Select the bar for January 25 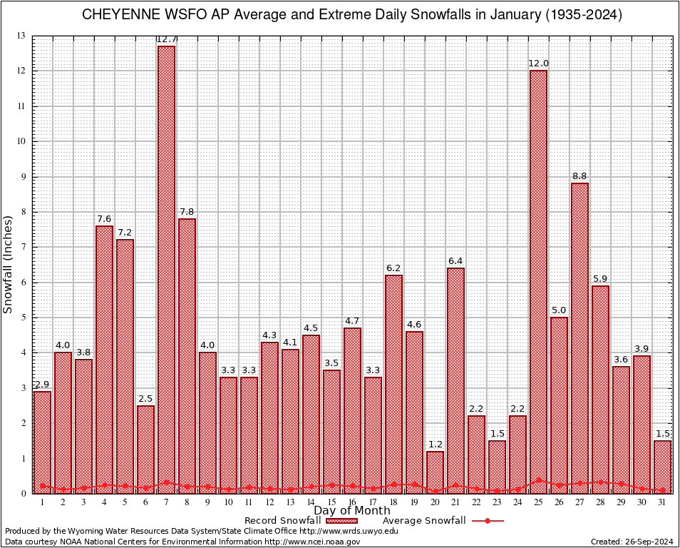[538, 282]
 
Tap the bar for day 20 [435, 472]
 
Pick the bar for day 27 [579, 338]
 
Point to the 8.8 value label [579, 176]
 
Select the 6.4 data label [455, 261]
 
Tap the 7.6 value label [104, 219]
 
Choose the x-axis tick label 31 [662, 502]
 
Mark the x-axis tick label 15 [331, 502]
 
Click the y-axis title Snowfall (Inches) [8, 264]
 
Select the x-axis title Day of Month [352, 511]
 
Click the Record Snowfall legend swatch [340, 521]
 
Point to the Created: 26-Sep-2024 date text [632, 542]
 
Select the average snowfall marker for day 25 [538, 480]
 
